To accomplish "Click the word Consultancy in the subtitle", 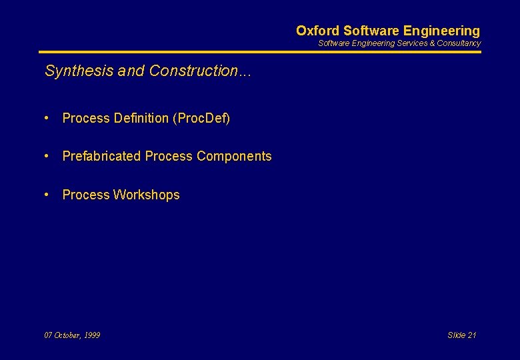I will (459, 43).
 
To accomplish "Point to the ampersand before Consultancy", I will (432, 43).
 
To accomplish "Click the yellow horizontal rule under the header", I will (260, 52).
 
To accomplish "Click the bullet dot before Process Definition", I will (47, 118).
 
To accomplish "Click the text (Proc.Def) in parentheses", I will (201, 118).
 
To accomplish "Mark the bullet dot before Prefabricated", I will (47, 156).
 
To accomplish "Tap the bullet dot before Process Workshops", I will (47, 195).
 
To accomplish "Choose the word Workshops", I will (147, 195).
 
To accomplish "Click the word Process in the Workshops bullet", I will (86, 195).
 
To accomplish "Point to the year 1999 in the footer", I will (92, 335).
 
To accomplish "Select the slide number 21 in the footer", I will (472, 335).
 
